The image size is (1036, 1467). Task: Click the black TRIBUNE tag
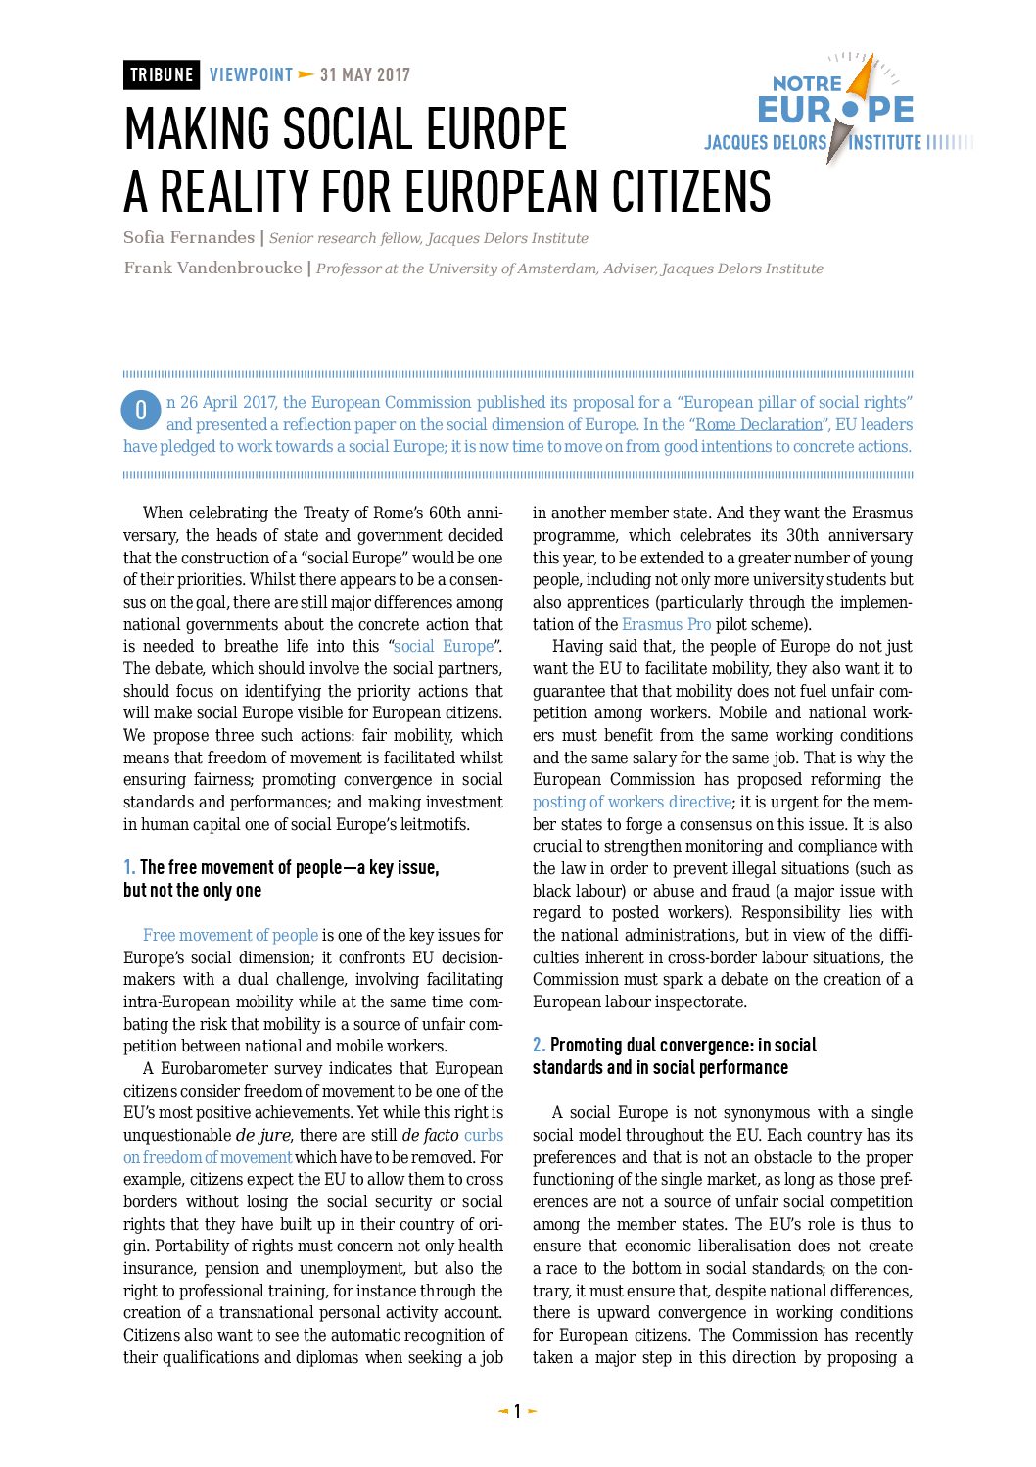click(x=162, y=75)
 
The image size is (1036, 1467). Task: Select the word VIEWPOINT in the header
click(x=251, y=75)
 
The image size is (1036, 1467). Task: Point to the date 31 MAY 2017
click(x=365, y=75)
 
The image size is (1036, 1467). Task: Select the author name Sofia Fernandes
click(x=189, y=238)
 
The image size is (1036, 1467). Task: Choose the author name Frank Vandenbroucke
click(x=212, y=269)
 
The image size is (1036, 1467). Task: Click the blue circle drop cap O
click(x=141, y=411)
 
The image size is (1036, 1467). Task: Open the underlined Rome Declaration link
click(x=758, y=424)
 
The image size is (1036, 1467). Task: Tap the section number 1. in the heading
click(x=129, y=867)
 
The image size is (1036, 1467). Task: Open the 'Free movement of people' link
click(x=230, y=935)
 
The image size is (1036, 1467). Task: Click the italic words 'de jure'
click(x=263, y=1135)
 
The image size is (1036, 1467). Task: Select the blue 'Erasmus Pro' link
click(x=666, y=624)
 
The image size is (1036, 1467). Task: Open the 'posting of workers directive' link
click(x=632, y=802)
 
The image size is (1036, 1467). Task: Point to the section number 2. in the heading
click(x=539, y=1045)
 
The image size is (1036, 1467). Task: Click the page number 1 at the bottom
click(x=518, y=1411)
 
